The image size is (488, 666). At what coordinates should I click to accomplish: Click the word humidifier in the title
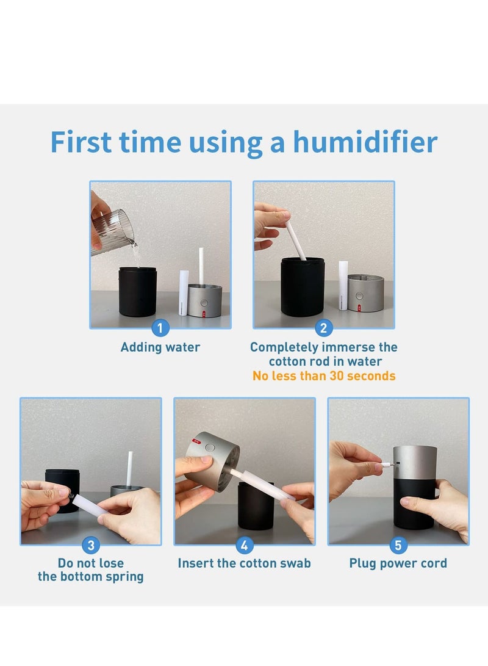365,142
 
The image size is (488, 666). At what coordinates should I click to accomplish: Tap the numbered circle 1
160,328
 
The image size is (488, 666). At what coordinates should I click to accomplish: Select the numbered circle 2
323,328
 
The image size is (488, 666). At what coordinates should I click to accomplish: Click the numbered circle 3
91,545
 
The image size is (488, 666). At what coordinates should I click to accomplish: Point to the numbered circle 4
245,545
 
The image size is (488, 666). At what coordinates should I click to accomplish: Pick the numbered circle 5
398,545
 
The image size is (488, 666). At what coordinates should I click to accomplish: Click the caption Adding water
160,347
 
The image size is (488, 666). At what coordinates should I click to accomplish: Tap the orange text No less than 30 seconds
324,376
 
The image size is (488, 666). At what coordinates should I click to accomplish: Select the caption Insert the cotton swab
245,563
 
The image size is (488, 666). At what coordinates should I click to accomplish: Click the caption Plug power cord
398,563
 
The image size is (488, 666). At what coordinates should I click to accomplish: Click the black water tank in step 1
137,291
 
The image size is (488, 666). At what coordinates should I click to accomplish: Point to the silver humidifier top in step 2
366,293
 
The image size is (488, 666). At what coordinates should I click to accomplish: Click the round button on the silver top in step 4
210,447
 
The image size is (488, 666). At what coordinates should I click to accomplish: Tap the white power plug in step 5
387,464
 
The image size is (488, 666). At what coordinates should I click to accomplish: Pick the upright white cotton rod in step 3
129,469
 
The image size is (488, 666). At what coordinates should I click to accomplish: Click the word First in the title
81,142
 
